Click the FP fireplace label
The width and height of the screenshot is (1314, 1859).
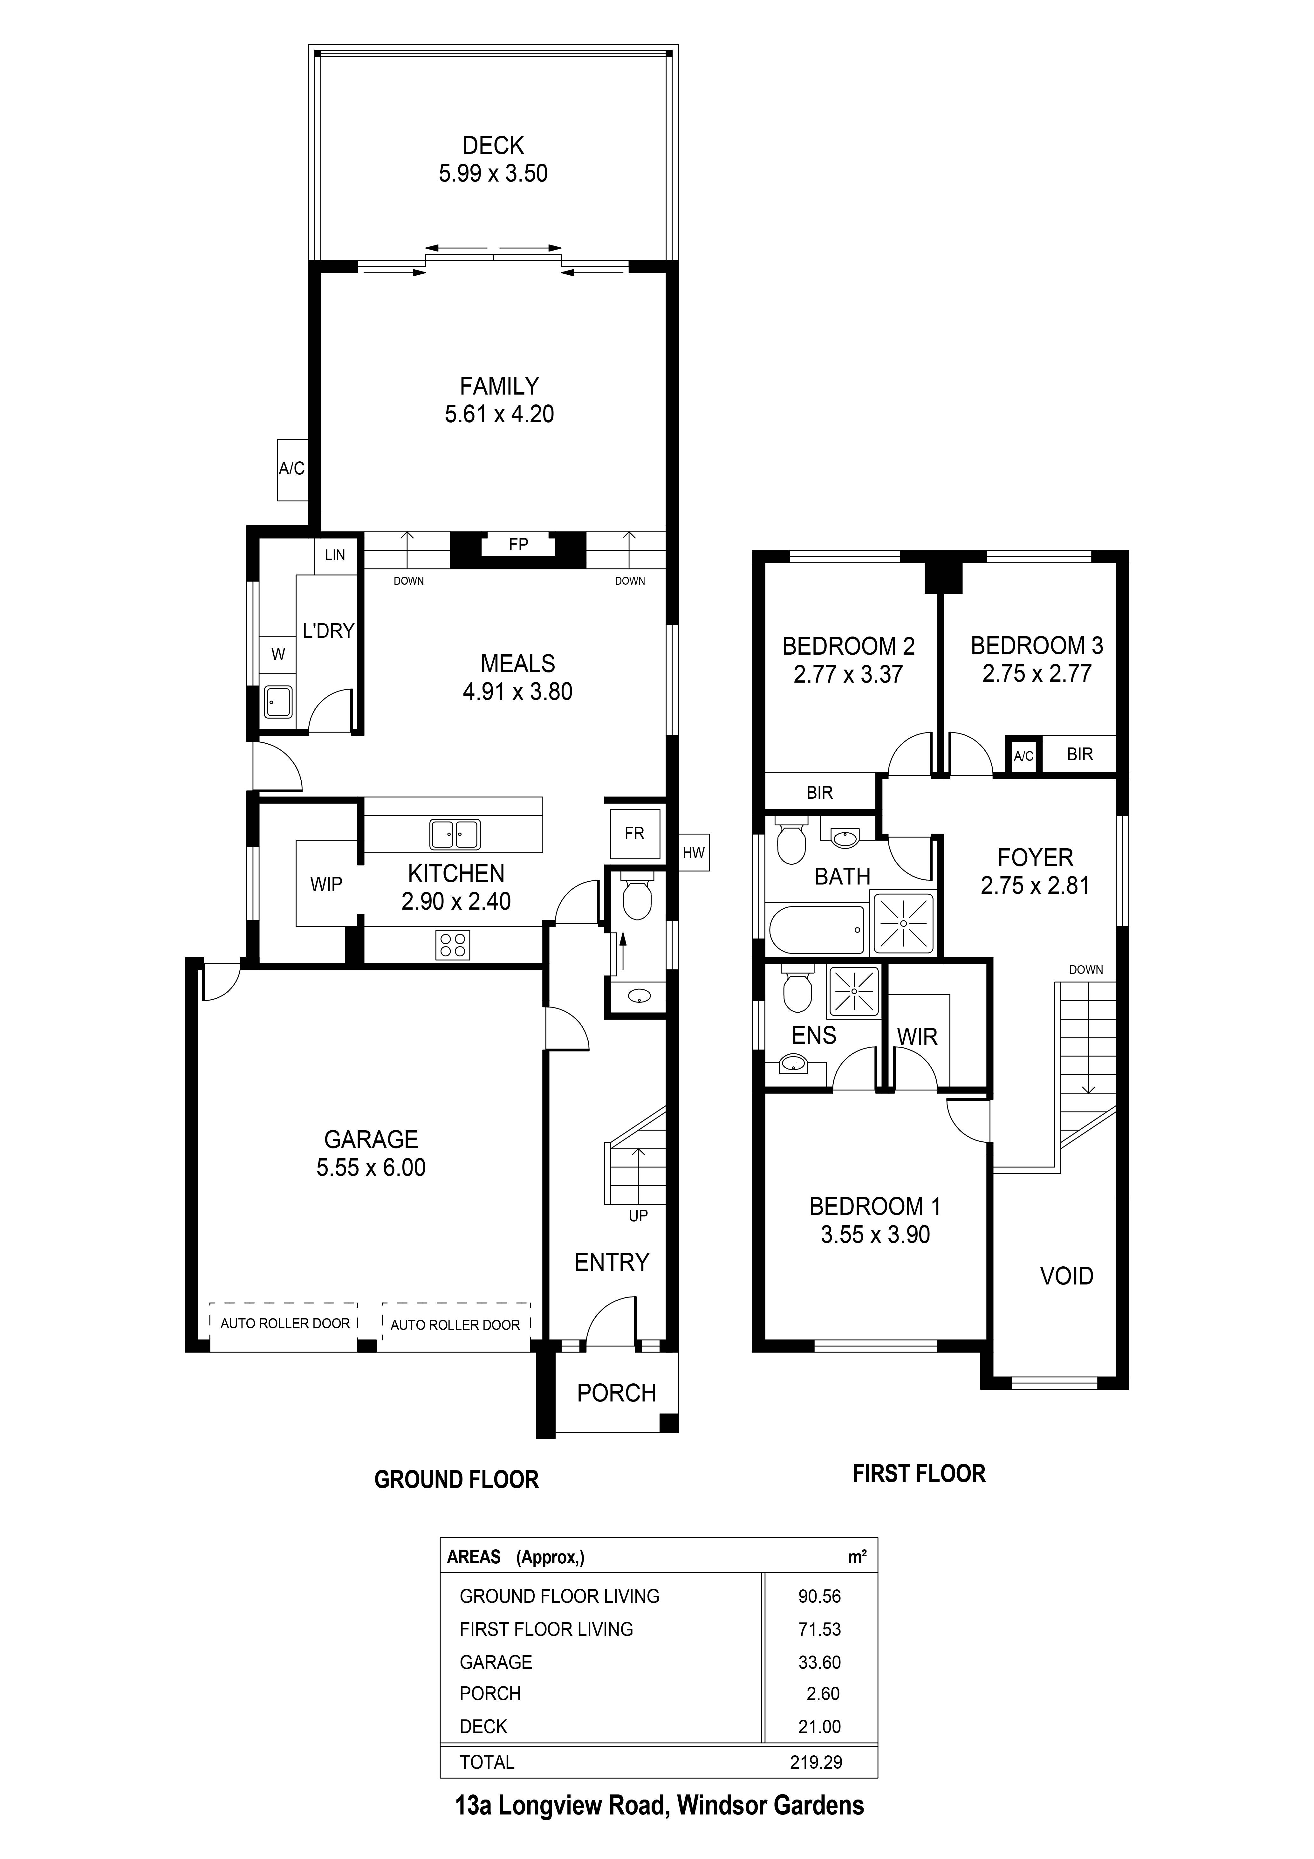[x=518, y=545]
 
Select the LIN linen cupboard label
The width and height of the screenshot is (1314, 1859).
[x=335, y=555]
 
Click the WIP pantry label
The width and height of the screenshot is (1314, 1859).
[x=326, y=885]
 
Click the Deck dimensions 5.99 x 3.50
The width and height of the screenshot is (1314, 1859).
[x=493, y=173]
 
